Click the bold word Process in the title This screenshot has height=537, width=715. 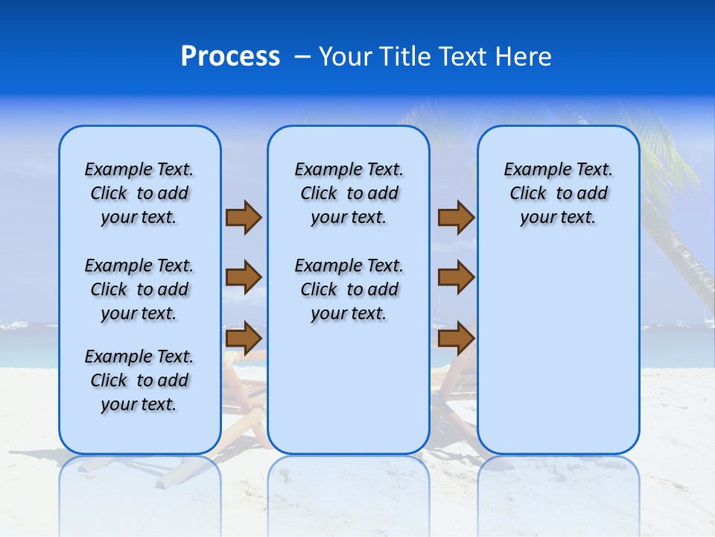(x=230, y=57)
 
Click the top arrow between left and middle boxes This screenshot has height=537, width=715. (x=244, y=218)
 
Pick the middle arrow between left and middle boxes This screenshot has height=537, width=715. (x=244, y=277)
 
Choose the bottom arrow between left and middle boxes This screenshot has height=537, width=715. (x=244, y=339)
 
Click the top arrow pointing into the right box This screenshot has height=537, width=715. (x=456, y=218)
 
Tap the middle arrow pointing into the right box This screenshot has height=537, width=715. (x=456, y=277)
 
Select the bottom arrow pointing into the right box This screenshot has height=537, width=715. (x=456, y=339)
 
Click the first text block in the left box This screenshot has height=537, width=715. (x=139, y=193)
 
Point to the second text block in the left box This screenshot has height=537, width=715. (x=139, y=289)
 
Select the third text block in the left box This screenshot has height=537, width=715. (x=139, y=380)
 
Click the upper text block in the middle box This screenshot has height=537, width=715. (x=349, y=193)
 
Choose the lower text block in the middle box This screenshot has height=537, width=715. (x=349, y=289)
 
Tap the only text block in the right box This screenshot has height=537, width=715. (x=558, y=193)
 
